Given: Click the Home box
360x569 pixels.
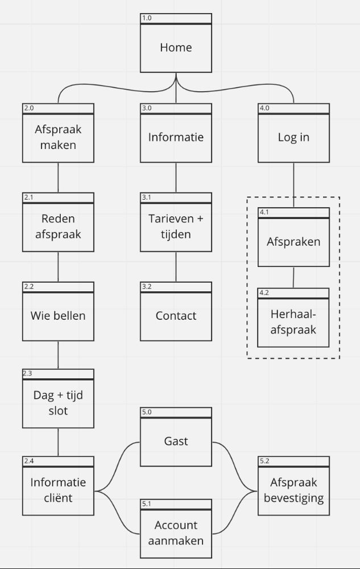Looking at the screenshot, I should tap(176, 47).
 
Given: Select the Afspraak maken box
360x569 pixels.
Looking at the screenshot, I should tap(58, 137).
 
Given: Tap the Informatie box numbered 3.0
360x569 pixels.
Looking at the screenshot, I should tap(176, 137).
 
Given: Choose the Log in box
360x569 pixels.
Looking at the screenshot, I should tap(293, 137).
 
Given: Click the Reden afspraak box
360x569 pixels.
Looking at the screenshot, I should tap(58, 226).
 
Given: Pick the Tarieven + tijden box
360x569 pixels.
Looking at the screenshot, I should tap(176, 226).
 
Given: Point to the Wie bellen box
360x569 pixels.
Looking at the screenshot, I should tap(58, 316).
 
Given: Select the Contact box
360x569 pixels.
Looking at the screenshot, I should tap(176, 316).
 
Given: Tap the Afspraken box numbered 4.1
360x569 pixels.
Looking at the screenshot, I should tap(293, 242).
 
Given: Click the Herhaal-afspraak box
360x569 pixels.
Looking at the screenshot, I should tap(293, 323).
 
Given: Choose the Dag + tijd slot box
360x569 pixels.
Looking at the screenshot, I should tap(58, 402).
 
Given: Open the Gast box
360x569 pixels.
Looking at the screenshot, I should tap(176, 441).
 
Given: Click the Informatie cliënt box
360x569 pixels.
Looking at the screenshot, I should tap(58, 490).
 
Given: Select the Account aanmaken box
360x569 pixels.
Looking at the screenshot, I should tap(176, 533).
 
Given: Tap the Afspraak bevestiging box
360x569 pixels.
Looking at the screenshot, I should tap(293, 490).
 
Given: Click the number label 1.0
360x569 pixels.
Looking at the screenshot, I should tap(147, 18).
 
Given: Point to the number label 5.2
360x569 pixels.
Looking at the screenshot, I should tap(264, 461).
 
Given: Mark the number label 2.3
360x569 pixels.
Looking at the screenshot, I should tap(28, 373).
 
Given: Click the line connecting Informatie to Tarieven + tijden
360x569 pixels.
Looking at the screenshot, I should tap(176, 178).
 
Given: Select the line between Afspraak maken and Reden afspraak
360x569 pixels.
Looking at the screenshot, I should tap(58, 178).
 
